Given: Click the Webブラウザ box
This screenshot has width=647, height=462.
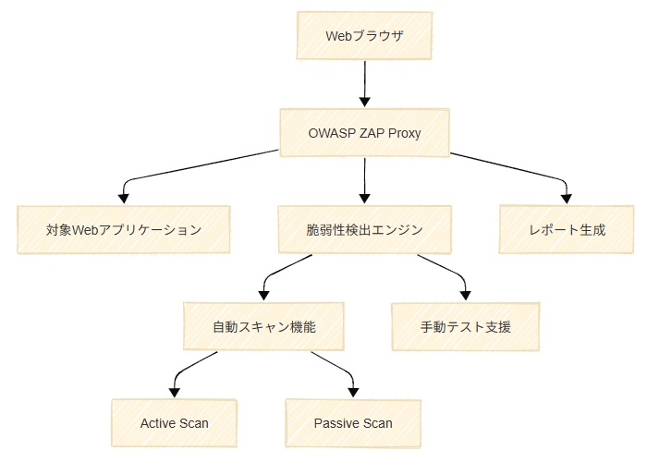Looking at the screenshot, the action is (x=364, y=35).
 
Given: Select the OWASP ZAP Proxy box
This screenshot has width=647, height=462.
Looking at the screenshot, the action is (x=364, y=133).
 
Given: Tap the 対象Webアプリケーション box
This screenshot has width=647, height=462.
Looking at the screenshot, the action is (x=123, y=230).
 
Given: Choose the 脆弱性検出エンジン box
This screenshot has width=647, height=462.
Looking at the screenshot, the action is (x=364, y=230).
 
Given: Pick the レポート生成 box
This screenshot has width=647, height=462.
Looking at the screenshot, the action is (x=567, y=230).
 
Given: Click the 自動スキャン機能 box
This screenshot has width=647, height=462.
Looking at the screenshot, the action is (x=263, y=327).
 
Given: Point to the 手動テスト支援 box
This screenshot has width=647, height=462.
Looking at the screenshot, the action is (x=466, y=327).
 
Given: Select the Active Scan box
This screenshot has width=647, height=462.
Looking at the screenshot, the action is (x=174, y=423).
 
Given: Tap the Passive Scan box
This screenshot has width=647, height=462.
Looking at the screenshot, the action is (x=353, y=423).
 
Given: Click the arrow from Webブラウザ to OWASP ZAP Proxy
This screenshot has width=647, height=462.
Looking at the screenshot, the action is (x=365, y=84).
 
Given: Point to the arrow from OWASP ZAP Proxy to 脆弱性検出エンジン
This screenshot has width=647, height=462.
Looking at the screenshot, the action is (x=365, y=181).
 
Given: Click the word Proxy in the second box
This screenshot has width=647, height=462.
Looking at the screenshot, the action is (x=405, y=133).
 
